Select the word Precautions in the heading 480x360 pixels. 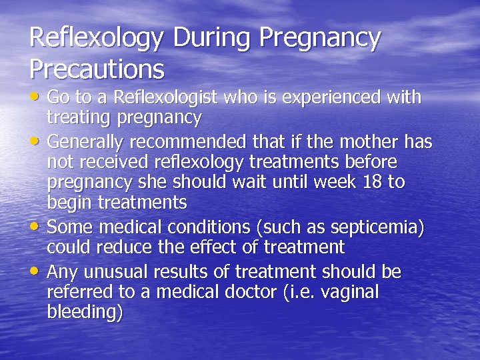coord(97,68)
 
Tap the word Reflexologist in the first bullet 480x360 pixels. coord(165,97)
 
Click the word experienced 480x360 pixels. coord(339,97)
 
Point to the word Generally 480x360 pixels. coord(86,142)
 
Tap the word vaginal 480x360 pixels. coord(347,292)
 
